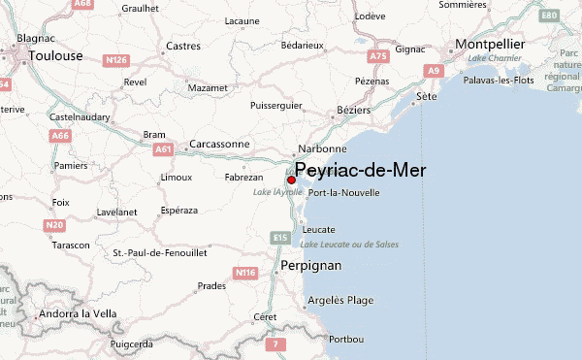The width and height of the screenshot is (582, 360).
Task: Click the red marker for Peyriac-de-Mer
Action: tap(291, 180)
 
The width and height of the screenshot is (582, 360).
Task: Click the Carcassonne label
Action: tap(219, 144)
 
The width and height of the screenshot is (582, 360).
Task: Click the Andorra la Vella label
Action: tap(77, 314)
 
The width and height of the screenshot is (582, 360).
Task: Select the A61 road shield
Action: tap(162, 149)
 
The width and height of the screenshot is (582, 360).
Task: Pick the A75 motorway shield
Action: tap(378, 57)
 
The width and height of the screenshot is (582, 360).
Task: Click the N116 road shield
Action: tap(245, 274)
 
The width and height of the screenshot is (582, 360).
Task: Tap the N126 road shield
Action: tap(116, 60)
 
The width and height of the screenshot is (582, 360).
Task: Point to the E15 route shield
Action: tap(278, 237)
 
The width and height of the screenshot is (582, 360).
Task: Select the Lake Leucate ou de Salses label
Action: tap(359, 245)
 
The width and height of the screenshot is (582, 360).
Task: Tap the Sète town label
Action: tap(427, 97)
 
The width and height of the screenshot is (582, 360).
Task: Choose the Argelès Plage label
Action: tap(339, 301)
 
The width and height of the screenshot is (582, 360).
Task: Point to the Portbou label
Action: tap(346, 339)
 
